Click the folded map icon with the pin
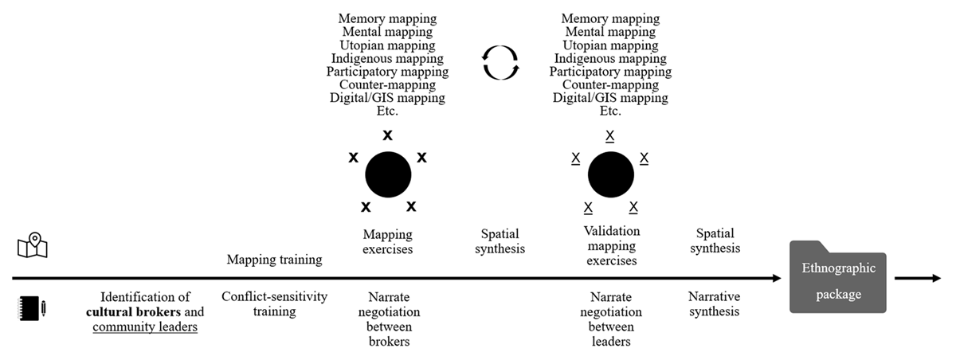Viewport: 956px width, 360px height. tap(33, 245)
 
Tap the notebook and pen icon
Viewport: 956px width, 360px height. tap(32, 308)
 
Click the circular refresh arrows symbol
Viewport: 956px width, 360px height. tap(500, 63)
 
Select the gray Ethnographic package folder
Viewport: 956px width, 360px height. tap(838, 277)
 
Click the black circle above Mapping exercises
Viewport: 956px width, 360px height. tap(388, 174)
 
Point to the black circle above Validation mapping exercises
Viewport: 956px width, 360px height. tap(611, 174)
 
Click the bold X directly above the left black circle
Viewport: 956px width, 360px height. tap(387, 135)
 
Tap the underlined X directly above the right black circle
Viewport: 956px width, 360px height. tap(610, 136)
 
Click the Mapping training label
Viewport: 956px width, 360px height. tap(274, 260)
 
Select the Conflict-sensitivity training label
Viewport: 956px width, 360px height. tap(274, 303)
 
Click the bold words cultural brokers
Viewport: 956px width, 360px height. tap(133, 311)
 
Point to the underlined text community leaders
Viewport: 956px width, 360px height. tap(145, 327)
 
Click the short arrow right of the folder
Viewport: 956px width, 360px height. tap(918, 279)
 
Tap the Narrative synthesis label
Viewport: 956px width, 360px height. tap(715, 303)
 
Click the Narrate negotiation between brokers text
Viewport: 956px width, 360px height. tap(390, 319)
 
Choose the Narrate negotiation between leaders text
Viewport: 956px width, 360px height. tap(611, 319)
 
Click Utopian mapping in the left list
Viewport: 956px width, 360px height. tap(387, 45)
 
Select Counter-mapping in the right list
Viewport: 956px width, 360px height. tap(610, 84)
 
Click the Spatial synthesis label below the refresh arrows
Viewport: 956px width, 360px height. tap(500, 241)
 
